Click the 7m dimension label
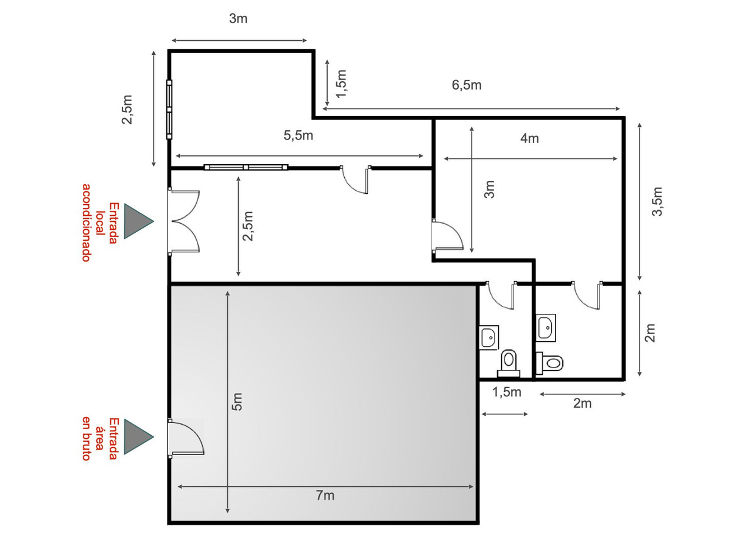pos(325,495)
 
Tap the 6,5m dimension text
pos(466,85)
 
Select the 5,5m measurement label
pos(298,135)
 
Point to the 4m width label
pos(529,138)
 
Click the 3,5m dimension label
pos(657,201)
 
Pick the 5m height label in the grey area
pos(237,402)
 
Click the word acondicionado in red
pos(87,222)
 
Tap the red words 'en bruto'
pos(87,438)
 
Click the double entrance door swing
pos(184,221)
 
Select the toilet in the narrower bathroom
pos(508,363)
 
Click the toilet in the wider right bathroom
pos(549,363)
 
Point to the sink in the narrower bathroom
pos(489,338)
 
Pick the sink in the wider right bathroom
pos(546,327)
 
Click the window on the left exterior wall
pos(169,109)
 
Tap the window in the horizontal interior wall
pos(245,167)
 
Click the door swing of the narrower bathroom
pos(501,295)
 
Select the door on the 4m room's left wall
pos(447,235)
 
